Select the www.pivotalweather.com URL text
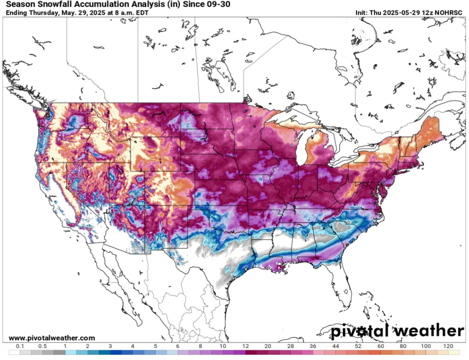(52, 338)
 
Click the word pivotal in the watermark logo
(360, 332)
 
